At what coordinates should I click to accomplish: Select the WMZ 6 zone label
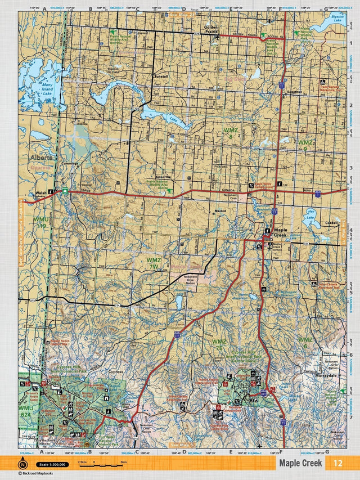[x=305, y=343]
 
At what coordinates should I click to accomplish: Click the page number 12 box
[x=337, y=463]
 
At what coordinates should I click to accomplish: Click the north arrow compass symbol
[x=22, y=464]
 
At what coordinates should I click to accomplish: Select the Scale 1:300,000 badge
[x=53, y=464]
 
